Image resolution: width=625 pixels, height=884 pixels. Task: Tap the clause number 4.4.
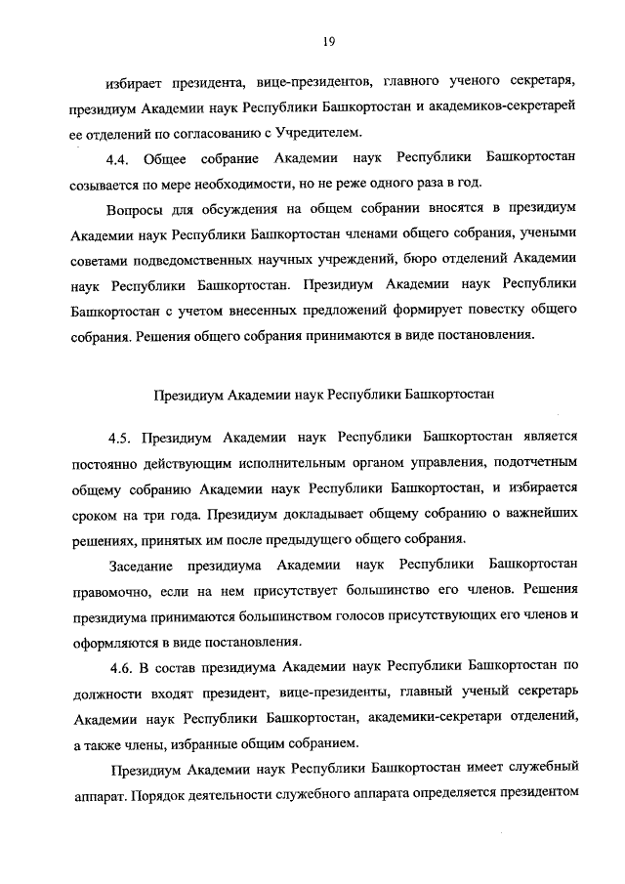click(124, 157)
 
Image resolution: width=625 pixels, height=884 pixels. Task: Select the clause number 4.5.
click(124, 435)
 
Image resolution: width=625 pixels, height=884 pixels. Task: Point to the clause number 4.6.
click(124, 666)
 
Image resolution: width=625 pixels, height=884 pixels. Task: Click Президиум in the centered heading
click(189, 396)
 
